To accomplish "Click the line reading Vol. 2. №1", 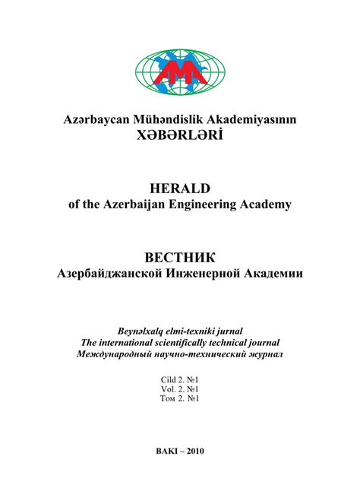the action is coord(180,388).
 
